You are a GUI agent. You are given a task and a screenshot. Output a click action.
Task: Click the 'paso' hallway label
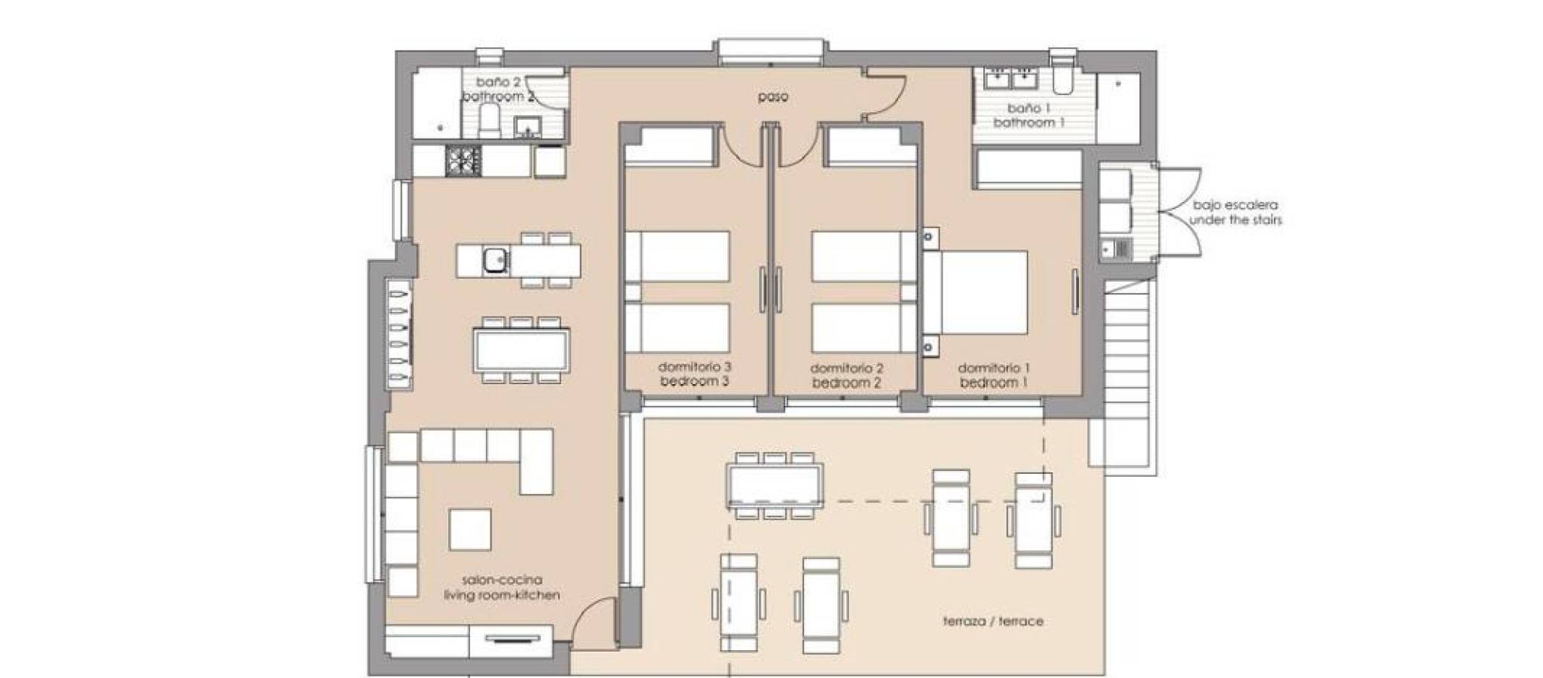774,97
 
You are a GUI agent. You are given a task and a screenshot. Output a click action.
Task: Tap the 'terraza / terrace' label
993,621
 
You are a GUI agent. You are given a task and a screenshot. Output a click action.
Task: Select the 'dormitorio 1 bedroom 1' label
994,375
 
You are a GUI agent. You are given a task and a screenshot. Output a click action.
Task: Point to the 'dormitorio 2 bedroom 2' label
847,375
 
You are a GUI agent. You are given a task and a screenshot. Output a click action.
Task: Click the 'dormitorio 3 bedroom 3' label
695,374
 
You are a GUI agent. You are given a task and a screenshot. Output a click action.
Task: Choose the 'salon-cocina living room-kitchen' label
502,588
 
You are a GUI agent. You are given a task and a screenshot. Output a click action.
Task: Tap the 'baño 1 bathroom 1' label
1028,115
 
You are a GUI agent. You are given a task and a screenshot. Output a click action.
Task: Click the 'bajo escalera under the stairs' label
1235,212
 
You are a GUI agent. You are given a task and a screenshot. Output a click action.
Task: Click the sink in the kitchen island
496,261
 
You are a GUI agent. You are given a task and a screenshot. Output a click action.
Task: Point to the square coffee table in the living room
470,530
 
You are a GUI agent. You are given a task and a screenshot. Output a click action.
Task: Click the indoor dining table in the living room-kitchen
521,350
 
